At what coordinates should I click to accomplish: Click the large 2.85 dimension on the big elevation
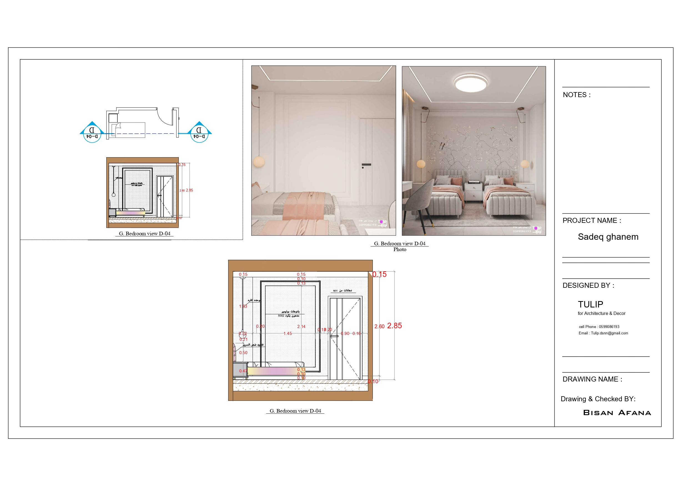pyautogui.click(x=394, y=326)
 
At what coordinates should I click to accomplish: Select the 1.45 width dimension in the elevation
pyautogui.click(x=288, y=334)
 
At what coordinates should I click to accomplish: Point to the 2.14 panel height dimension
pyautogui.click(x=301, y=327)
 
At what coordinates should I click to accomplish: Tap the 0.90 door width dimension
pyautogui.click(x=345, y=334)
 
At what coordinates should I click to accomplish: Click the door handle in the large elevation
pyautogui.click(x=334, y=336)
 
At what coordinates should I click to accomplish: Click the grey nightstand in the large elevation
pyautogui.click(x=240, y=370)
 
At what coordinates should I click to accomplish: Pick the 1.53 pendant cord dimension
pyautogui.click(x=243, y=306)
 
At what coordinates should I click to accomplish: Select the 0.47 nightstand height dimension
pyautogui.click(x=243, y=371)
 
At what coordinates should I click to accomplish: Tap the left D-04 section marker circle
pyautogui.click(x=92, y=134)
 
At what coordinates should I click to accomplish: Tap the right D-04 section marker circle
pyautogui.click(x=199, y=134)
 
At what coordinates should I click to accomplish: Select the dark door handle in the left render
pyautogui.click(x=366, y=165)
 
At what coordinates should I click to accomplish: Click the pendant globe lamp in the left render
pyautogui.click(x=259, y=162)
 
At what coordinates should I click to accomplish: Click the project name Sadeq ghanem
pyautogui.click(x=608, y=237)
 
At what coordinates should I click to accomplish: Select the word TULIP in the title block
pyautogui.click(x=590, y=305)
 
